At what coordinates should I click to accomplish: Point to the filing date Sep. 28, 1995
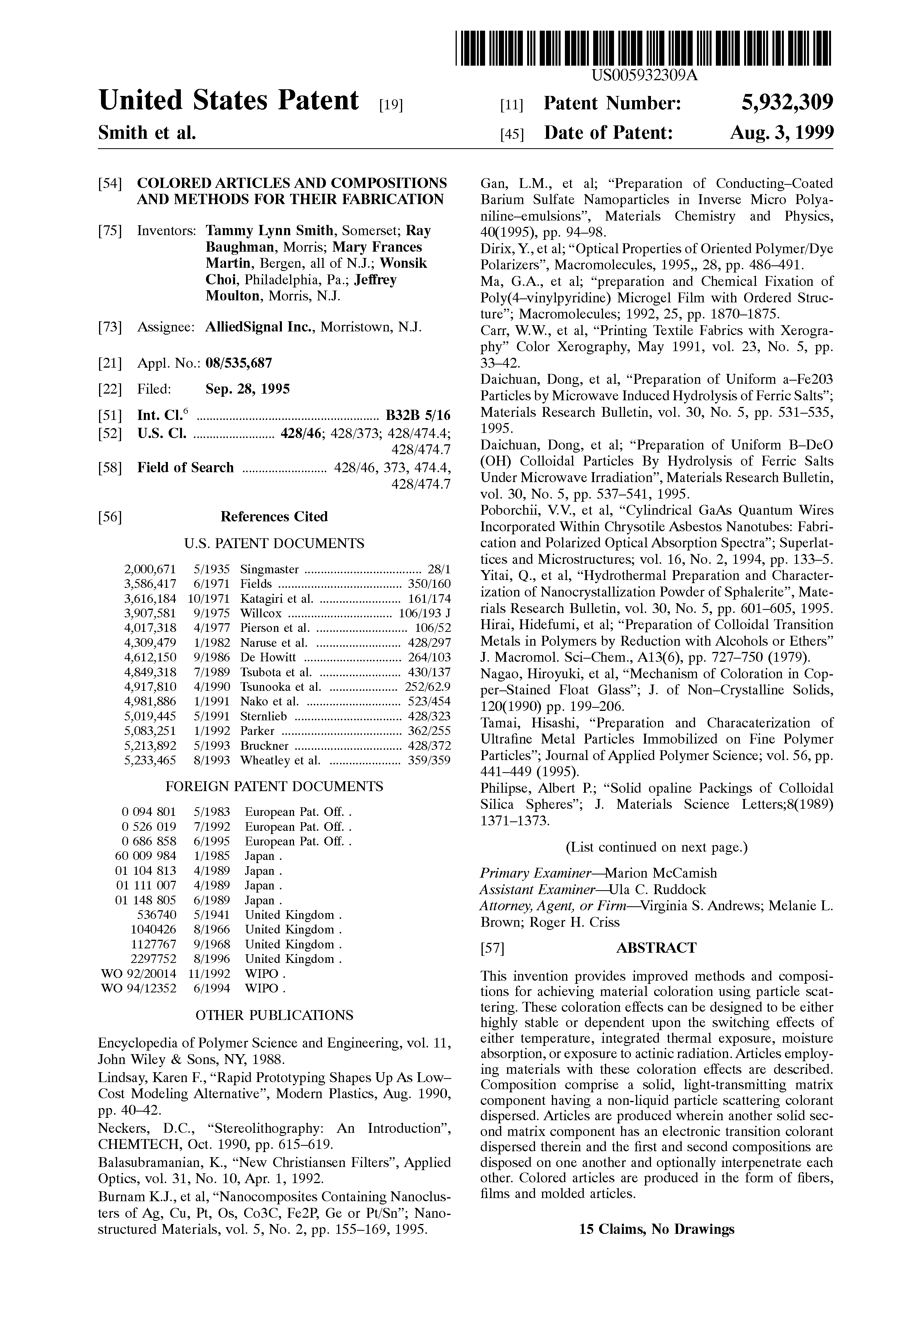click(248, 389)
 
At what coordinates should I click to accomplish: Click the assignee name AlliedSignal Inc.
click(260, 328)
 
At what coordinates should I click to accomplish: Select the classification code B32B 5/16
click(417, 416)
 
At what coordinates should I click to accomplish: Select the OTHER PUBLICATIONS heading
click(274, 1015)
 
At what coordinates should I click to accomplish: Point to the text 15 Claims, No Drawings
click(656, 1229)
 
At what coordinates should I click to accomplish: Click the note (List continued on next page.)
click(656, 847)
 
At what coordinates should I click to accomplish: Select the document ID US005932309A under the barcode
click(644, 75)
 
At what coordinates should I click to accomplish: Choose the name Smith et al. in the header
click(147, 133)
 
